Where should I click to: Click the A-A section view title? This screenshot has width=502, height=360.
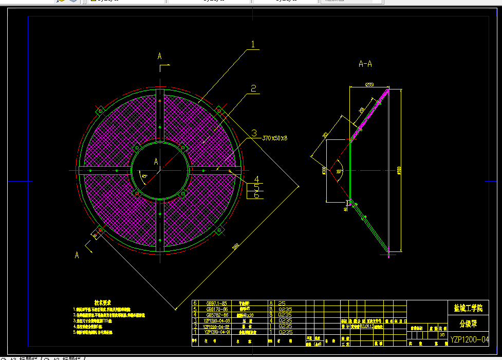[x=365, y=64]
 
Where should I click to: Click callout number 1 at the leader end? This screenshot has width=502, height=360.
[x=252, y=44]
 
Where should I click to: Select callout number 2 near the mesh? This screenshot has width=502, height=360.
[x=253, y=88]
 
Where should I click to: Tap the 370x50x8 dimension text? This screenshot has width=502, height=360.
[x=275, y=138]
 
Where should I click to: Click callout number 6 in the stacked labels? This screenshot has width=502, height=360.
[x=256, y=195]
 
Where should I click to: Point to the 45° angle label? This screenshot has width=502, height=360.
[x=144, y=176]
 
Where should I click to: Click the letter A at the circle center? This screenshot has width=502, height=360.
[x=156, y=161]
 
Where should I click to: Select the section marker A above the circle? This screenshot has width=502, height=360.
[x=160, y=56]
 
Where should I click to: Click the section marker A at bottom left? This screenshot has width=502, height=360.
[x=77, y=255]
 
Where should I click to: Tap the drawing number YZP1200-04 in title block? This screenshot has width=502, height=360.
[x=469, y=339]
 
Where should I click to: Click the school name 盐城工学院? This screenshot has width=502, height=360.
[x=468, y=309]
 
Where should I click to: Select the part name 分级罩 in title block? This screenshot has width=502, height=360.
[x=468, y=323]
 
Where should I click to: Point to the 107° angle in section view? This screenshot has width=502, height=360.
[x=339, y=171]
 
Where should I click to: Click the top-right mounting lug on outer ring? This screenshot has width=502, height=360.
[x=219, y=110]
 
